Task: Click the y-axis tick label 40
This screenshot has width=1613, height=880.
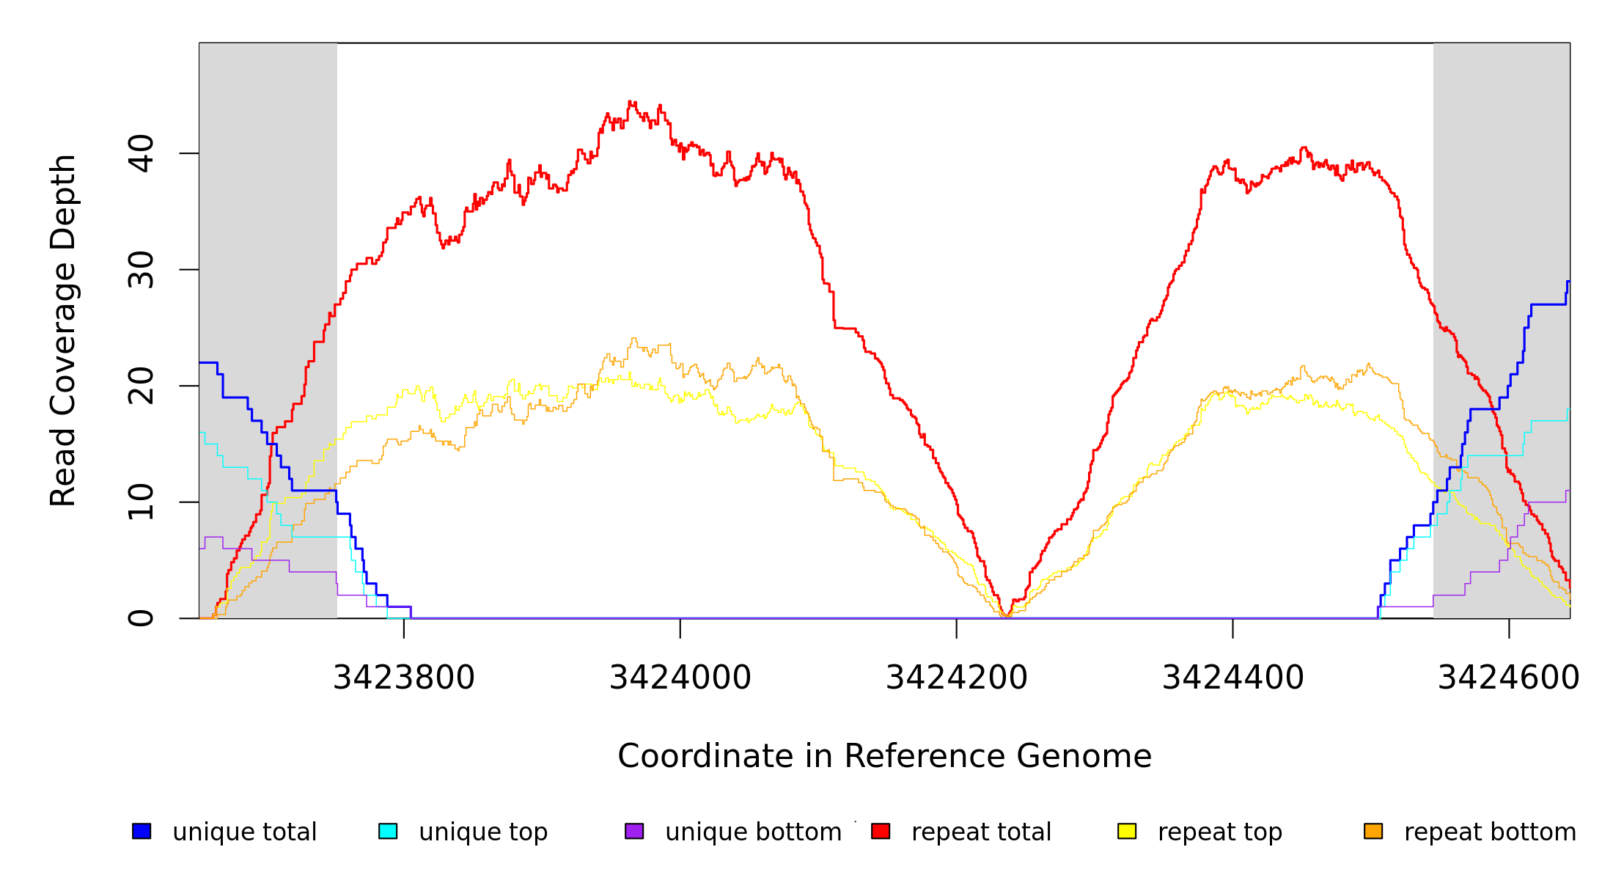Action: point(142,153)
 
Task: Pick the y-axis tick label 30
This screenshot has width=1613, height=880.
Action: point(142,270)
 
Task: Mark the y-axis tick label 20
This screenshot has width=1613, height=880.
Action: point(142,386)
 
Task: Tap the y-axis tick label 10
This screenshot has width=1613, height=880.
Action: point(142,502)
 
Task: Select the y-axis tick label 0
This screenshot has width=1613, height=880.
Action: point(142,618)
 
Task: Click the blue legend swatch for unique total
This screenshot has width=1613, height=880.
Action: point(142,831)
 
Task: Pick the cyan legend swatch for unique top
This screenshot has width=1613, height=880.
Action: point(388,831)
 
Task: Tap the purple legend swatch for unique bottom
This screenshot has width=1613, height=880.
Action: point(634,831)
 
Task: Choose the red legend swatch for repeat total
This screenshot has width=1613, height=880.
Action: point(881,831)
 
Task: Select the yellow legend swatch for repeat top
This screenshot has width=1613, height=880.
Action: point(1127,831)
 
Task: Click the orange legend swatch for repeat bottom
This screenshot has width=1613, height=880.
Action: point(1373,831)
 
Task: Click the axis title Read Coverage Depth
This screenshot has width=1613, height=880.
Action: point(63,330)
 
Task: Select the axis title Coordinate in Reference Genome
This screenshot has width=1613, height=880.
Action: point(884,756)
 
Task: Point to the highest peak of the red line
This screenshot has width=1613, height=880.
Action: point(631,102)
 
